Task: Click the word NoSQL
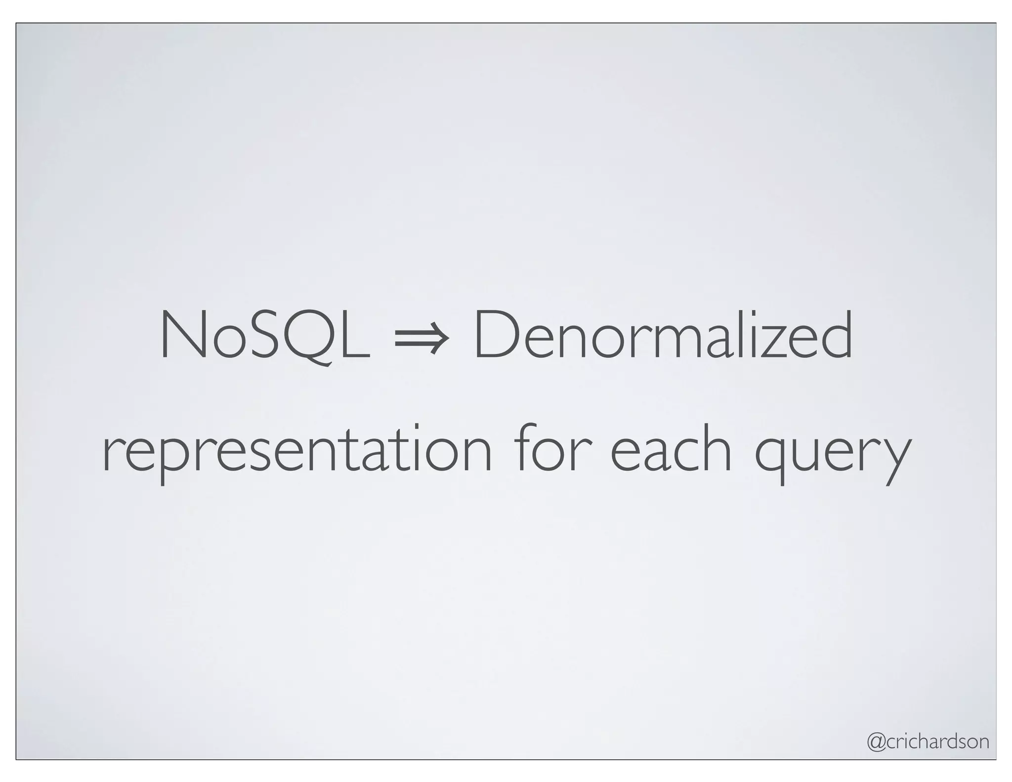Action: click(x=264, y=335)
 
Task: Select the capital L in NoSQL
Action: click(x=354, y=335)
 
